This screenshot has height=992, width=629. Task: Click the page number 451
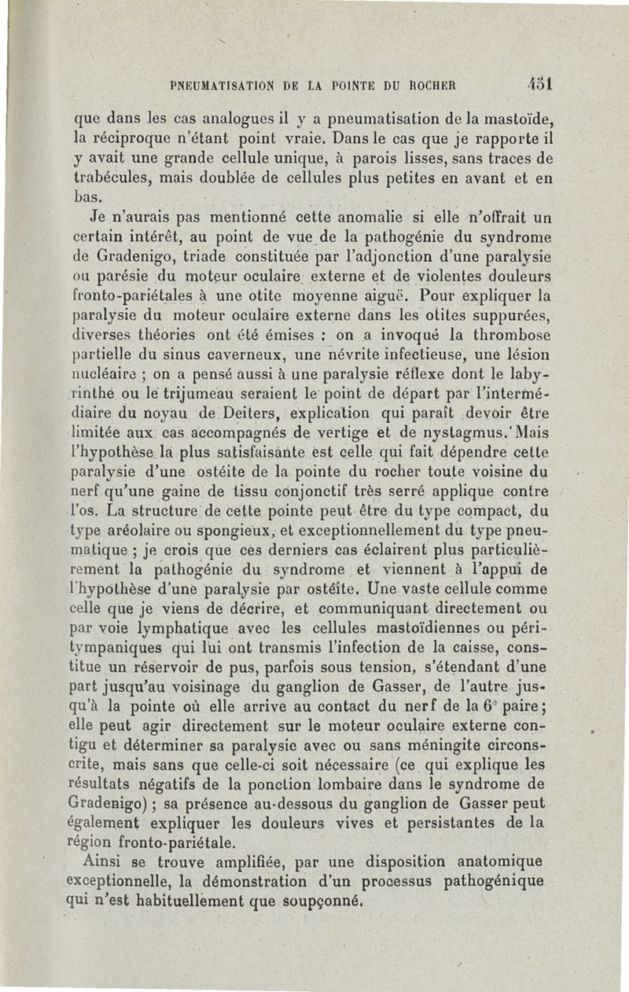543,82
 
